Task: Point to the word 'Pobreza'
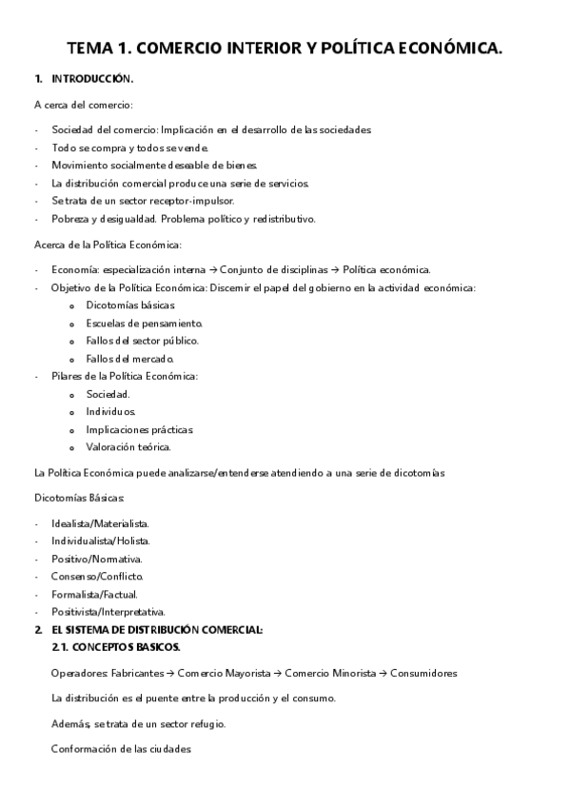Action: [71, 219]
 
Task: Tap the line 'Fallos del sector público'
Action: [142, 341]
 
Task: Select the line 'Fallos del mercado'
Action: [129, 359]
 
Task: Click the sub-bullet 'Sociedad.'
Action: [108, 394]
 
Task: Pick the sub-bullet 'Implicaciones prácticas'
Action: [139, 429]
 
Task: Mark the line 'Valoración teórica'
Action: [128, 447]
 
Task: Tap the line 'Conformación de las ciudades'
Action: [121, 749]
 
